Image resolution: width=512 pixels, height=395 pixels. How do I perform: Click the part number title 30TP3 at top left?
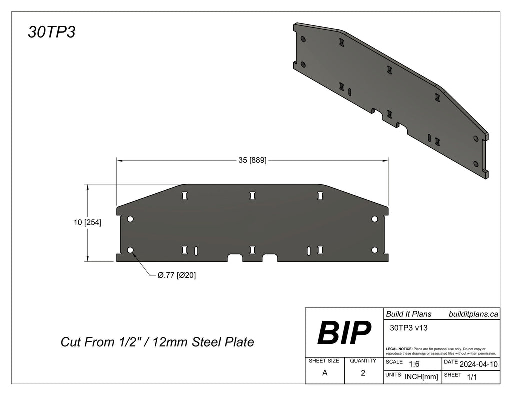tap(51, 32)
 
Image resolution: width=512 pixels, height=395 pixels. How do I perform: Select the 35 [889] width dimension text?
tap(252, 160)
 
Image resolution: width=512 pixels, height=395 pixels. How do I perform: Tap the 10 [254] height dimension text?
tap(87, 223)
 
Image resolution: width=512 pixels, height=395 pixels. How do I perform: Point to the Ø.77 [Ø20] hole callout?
tap(176, 275)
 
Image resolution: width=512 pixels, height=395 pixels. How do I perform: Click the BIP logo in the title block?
tap(344, 332)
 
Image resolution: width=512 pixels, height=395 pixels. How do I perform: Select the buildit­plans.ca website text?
tap(473, 314)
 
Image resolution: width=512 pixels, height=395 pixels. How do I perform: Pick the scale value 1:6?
tap(414, 364)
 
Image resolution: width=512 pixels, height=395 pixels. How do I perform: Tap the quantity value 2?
tap(363, 373)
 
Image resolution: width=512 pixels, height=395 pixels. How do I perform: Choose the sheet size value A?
tap(325, 373)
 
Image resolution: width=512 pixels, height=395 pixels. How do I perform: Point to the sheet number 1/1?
tap(471, 377)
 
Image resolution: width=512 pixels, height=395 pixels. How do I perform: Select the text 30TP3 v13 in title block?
tap(407, 328)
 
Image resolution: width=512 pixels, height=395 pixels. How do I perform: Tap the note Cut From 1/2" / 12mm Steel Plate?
tap(157, 342)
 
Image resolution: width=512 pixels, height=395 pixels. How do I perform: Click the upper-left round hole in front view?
tap(130, 219)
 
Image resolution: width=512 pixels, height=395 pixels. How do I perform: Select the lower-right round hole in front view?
tap(374, 250)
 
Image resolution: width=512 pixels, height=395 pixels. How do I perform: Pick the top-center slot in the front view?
tap(253, 196)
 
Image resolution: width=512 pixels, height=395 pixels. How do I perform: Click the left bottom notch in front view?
tap(235, 258)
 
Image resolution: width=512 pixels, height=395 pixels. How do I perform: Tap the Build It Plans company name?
tap(408, 314)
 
